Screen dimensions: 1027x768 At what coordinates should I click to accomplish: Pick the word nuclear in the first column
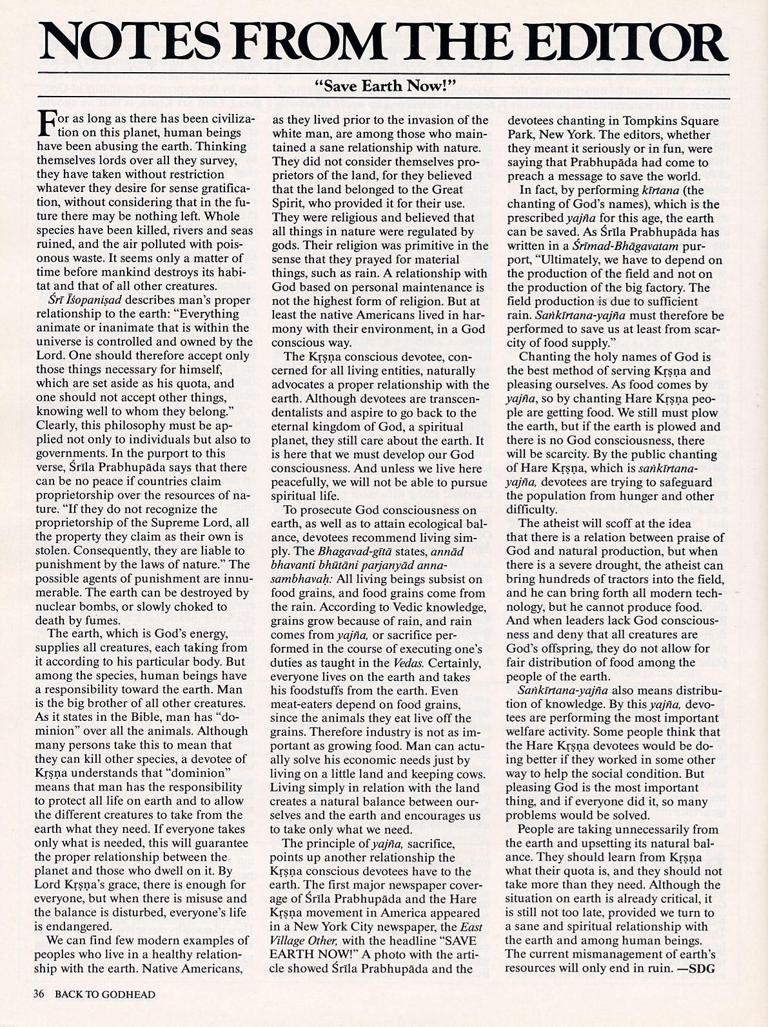(x=59, y=606)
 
